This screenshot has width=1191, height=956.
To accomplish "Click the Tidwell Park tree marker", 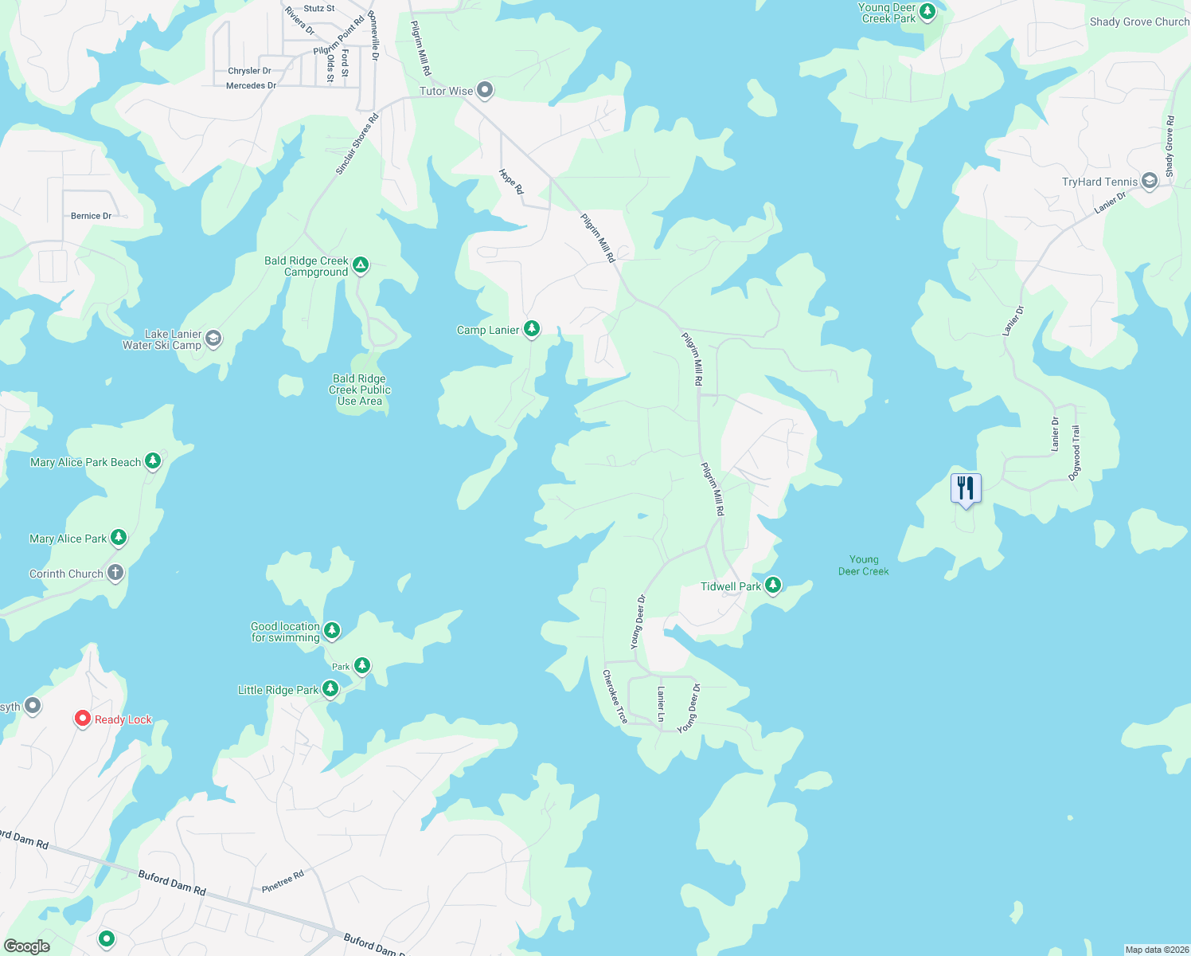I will (772, 586).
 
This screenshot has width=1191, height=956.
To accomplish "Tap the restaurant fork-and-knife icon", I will (966, 488).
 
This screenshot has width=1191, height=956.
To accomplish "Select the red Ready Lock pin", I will (82, 719).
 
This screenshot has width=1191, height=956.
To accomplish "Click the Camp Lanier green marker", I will (532, 329).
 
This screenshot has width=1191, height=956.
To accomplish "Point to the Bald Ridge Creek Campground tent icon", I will (361, 264).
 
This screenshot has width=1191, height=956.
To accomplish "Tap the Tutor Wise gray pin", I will (485, 90).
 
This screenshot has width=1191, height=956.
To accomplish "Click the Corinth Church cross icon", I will (115, 573).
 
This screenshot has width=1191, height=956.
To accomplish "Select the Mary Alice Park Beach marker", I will (153, 461).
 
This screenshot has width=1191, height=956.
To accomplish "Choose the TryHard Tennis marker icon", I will (1149, 181).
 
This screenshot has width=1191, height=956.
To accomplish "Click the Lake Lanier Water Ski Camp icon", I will (213, 339).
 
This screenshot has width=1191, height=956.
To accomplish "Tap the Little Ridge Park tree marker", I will (330, 689).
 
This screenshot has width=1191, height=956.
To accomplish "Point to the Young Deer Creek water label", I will (863, 565).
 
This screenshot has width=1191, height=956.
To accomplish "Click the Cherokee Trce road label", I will (615, 696).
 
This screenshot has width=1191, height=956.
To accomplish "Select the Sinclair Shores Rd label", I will (357, 144).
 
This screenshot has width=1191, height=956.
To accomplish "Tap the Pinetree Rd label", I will (283, 881).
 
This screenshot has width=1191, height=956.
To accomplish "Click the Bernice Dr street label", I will (91, 216).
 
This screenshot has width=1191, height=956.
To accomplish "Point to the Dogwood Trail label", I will (1075, 453).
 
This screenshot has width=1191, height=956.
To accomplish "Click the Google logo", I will (26, 946).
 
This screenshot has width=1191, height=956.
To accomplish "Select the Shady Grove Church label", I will (1138, 22).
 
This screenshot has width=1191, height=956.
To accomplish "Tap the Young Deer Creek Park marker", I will (927, 12).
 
